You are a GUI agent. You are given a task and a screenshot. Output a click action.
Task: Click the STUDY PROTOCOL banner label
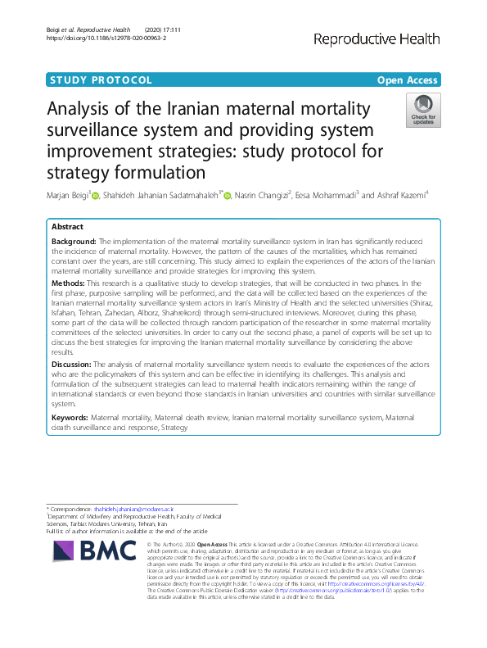(101, 79)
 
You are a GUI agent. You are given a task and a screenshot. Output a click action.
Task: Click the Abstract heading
(67, 226)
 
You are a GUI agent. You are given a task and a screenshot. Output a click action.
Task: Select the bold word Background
(73, 242)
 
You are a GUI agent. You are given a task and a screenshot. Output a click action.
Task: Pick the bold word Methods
(67, 283)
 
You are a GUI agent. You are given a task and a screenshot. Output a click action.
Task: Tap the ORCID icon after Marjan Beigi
(95, 196)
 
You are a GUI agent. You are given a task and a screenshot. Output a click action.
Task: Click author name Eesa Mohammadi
(328, 196)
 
